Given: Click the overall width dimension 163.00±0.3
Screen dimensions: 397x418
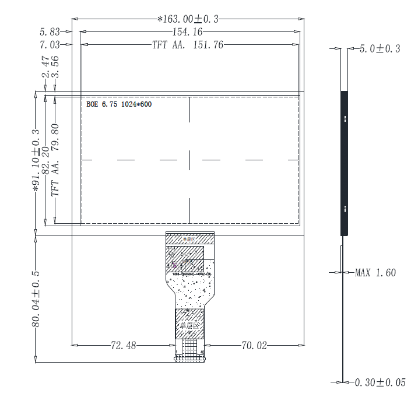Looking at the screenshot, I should point(188,19).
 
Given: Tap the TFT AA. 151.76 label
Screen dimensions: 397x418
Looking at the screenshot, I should point(188,44).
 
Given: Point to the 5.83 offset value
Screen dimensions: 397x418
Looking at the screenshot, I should point(50,31).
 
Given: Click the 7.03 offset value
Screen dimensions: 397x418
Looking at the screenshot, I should point(50,44).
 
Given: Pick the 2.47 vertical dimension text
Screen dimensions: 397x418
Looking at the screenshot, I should point(44,67).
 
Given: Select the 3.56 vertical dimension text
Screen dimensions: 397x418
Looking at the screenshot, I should point(56,67).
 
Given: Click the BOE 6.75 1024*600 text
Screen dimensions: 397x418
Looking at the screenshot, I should point(119,104).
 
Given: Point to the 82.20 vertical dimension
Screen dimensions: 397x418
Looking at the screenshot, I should point(45,159).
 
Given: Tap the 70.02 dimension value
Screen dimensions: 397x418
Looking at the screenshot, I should point(254,346).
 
